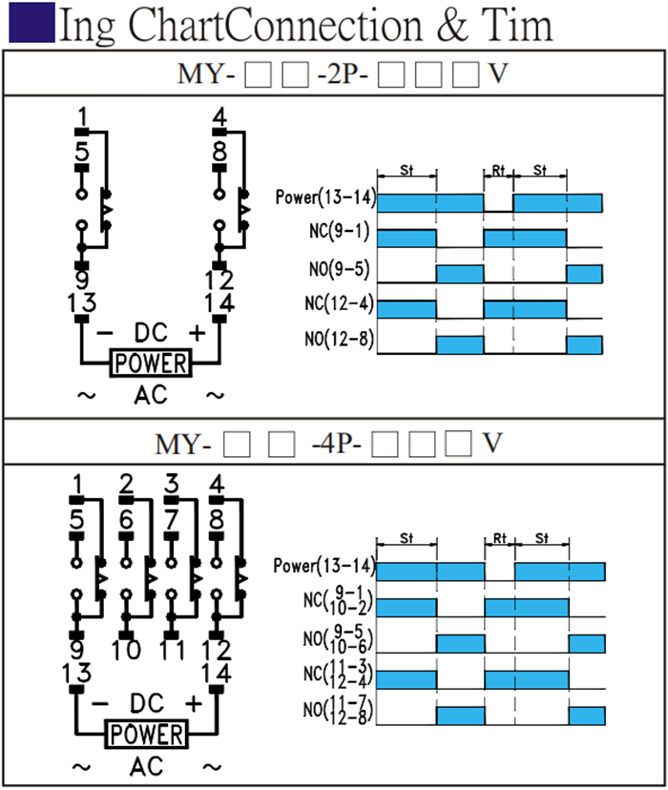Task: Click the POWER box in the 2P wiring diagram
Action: (150, 364)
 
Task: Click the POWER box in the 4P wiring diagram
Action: (146, 735)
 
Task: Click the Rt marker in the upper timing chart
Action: (498, 171)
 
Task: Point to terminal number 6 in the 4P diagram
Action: (126, 520)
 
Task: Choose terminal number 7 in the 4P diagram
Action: (172, 520)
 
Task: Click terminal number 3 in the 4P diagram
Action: (172, 485)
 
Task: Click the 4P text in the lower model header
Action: (342, 444)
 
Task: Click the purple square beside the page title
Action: (31, 24)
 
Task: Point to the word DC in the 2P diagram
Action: (150, 332)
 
